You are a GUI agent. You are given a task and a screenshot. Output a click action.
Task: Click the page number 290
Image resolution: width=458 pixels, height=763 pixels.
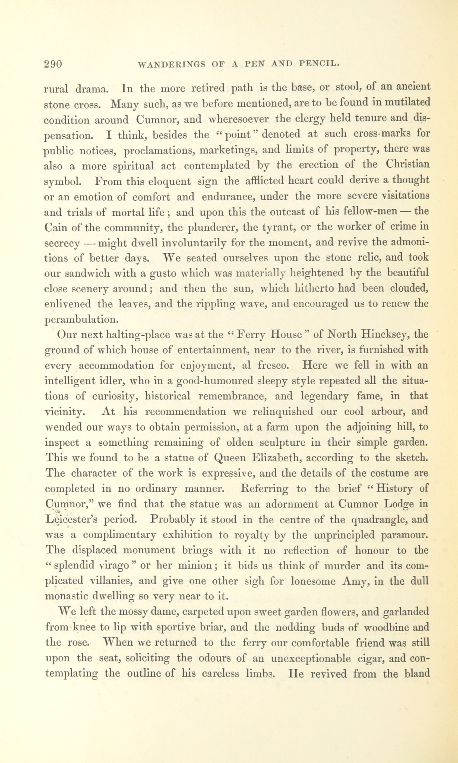(x=53, y=64)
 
